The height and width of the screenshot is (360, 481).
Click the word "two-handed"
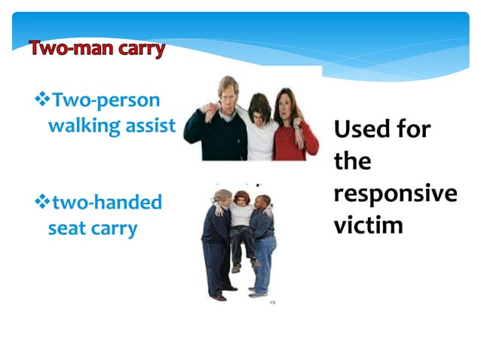coord(106,203)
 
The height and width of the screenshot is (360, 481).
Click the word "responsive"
coord(394,194)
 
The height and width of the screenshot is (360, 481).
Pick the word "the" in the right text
coord(352,161)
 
